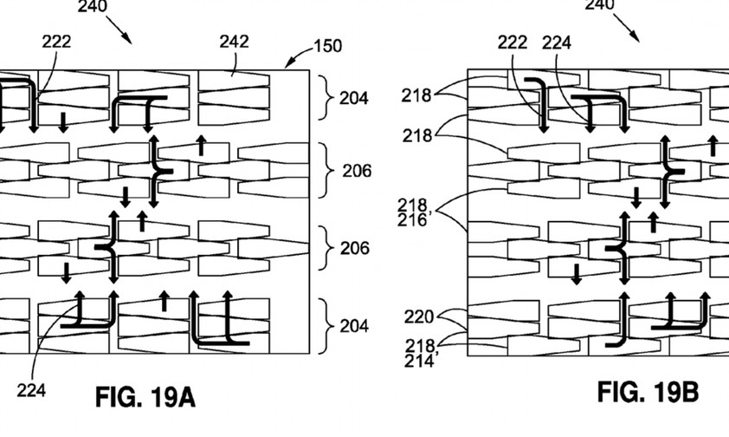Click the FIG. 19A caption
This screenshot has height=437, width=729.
145,399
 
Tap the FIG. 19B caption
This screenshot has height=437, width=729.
648,393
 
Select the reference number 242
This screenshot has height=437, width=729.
235,41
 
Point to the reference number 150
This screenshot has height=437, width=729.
326,45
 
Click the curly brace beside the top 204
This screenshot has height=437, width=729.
326,98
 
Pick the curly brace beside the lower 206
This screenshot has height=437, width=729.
326,249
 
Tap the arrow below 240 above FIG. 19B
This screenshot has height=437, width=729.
630,31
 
